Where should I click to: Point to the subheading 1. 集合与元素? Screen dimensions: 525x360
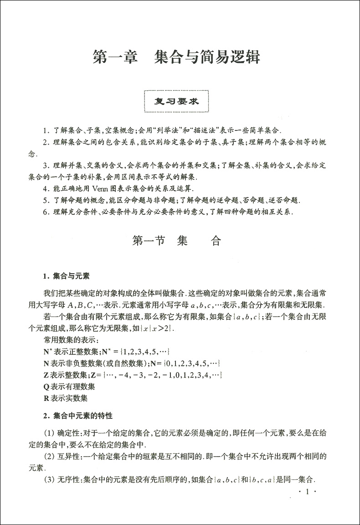pyautogui.click(x=66, y=276)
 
